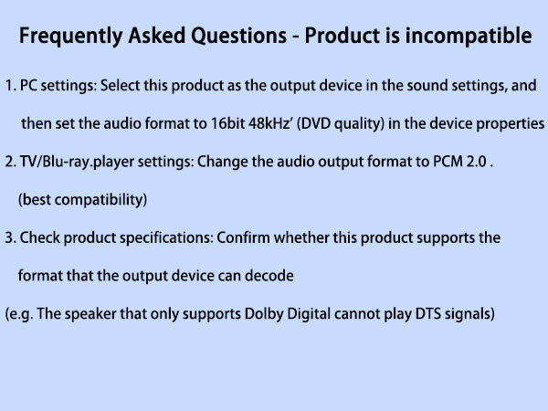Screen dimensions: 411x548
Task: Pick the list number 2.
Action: pos(9,162)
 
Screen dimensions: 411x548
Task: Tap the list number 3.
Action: pos(9,237)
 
